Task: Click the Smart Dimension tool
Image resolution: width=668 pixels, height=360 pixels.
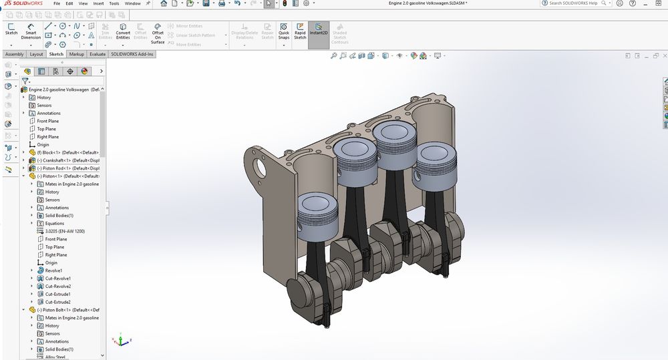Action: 31,31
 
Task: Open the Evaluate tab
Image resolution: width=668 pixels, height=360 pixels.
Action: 98,54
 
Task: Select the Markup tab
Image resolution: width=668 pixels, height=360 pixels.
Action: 76,54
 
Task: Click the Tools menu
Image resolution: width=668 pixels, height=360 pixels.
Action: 114,3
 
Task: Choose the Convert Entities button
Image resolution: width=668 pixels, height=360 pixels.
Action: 123,31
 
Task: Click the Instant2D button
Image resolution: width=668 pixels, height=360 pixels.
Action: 319,31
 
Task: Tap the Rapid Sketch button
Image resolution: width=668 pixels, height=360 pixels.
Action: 300,31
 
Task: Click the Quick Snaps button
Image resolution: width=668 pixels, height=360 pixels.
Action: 284,31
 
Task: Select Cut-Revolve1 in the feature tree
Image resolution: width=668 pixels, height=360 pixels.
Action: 57,279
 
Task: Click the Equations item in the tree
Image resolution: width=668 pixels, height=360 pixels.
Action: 55,223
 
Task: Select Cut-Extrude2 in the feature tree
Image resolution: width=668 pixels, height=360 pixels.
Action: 57,302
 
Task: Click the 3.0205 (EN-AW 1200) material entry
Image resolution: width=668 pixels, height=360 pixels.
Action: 64,231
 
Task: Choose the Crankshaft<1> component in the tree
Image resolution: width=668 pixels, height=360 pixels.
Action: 63,160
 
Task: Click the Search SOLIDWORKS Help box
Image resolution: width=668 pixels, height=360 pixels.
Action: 578,3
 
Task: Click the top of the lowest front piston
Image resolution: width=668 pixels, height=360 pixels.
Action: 315,202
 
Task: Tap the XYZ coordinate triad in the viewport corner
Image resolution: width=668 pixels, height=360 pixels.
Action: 120,341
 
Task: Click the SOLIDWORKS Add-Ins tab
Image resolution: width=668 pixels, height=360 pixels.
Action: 132,54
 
